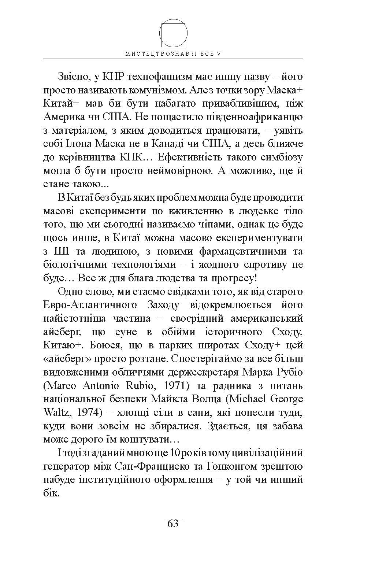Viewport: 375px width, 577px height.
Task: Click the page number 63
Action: [x=172, y=524]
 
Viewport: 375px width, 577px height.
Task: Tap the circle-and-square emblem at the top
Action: [x=174, y=33]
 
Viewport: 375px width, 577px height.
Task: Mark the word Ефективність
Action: [x=191, y=158]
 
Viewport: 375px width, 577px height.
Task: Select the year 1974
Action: [x=90, y=413]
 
